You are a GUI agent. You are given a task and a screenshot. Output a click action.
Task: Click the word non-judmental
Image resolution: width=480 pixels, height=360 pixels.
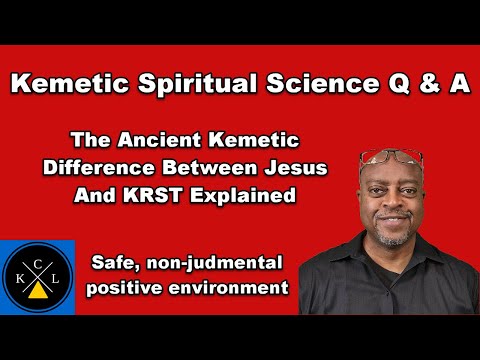pyautogui.click(x=210, y=264)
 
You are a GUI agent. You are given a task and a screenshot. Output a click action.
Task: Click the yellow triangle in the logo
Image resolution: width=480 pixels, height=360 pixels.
pyautogui.click(x=37, y=291)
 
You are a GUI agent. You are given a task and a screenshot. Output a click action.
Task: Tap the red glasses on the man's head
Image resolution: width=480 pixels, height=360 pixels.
pyautogui.click(x=389, y=157)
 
